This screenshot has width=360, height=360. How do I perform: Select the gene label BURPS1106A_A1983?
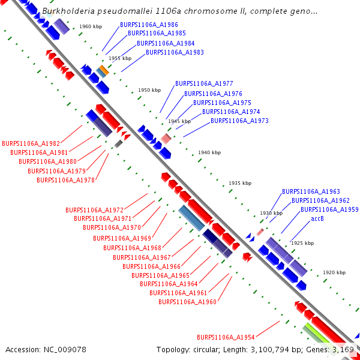tap(175, 53)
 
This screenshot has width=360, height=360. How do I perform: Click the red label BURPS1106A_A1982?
tap(31, 144)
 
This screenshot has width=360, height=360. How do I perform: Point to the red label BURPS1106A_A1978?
tap(65, 180)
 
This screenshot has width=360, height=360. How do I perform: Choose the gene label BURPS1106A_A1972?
tap(94, 210)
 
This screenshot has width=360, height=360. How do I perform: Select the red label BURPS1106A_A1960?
tap(187, 302)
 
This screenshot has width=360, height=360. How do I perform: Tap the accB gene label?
tap(317, 219)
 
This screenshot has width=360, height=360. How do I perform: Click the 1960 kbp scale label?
tap(90, 27)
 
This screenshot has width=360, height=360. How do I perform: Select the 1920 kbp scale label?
tap(334, 272)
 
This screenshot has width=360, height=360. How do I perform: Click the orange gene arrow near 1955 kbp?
tap(104, 70)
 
